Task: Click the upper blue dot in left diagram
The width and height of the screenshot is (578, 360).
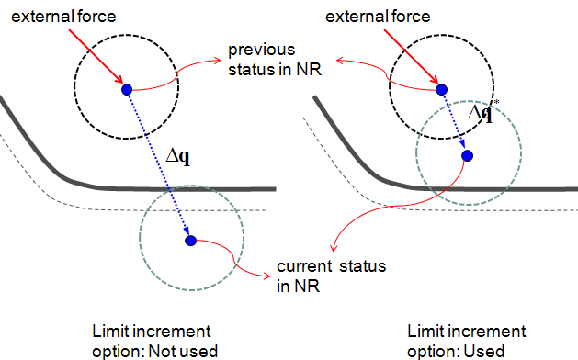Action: (128, 89)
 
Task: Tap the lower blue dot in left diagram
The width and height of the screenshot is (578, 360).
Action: (190, 241)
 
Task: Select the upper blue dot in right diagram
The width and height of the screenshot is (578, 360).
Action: (441, 89)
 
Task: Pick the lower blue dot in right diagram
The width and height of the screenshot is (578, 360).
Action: (467, 155)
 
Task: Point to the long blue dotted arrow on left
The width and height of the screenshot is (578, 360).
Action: (159, 165)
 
